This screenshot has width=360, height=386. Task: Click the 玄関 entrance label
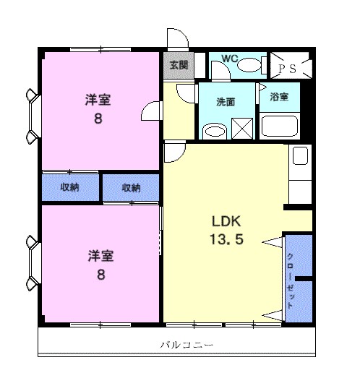[179, 65]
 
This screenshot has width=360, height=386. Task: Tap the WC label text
[229, 58]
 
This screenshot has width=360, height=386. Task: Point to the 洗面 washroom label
[226, 102]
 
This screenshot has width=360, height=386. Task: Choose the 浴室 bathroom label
[279, 97]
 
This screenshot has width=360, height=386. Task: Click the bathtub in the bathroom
[279, 126]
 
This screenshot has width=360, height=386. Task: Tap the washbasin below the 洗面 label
[214, 131]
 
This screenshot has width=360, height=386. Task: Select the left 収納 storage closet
[70, 188]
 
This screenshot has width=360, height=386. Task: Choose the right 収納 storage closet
[131, 188]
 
